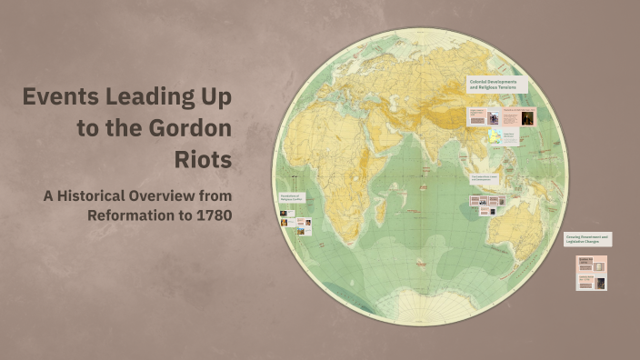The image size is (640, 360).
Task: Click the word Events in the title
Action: [62, 97]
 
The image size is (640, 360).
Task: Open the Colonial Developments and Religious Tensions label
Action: [496, 85]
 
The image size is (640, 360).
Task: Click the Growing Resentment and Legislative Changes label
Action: [587, 239]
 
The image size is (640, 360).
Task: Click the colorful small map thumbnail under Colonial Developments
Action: [494, 137]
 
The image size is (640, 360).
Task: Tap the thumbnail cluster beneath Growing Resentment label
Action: [591, 274]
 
